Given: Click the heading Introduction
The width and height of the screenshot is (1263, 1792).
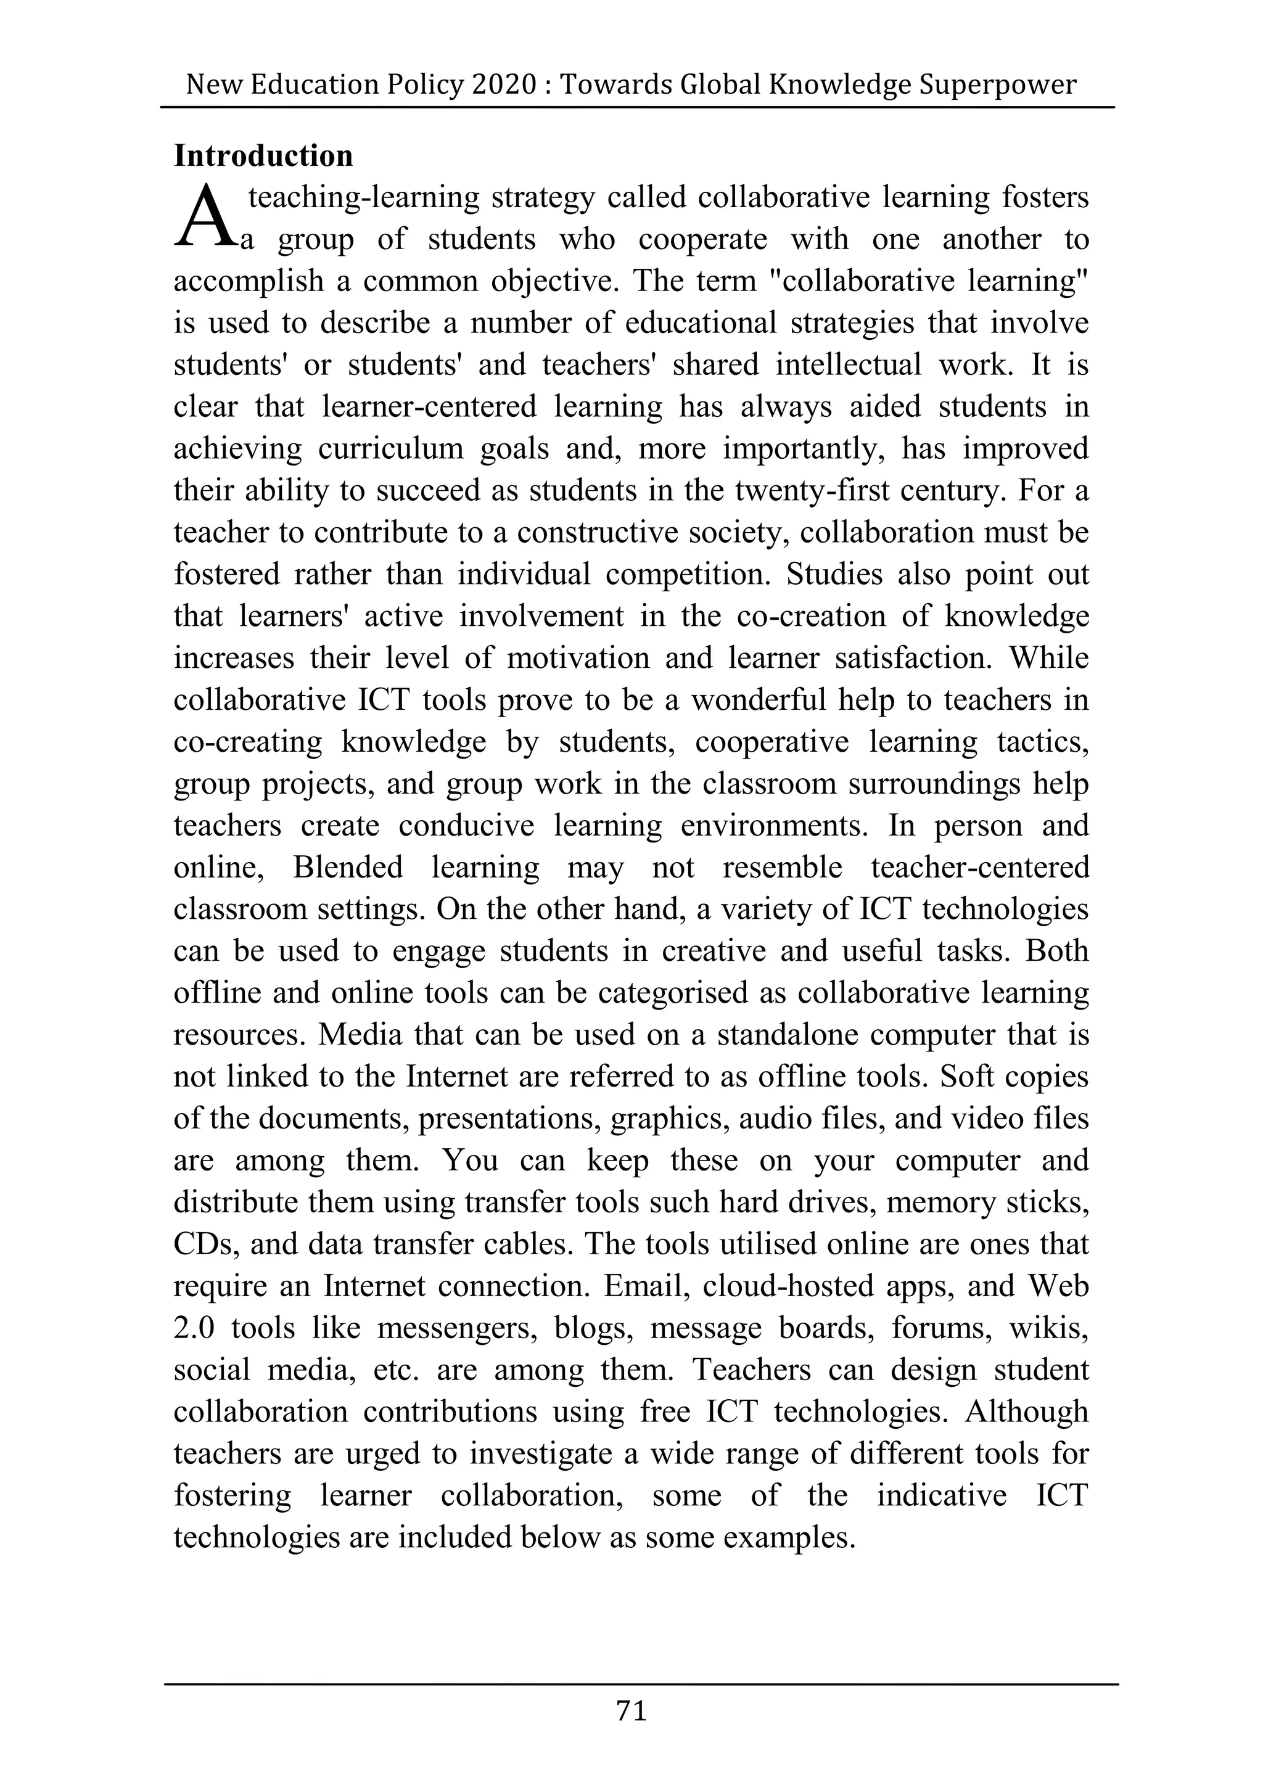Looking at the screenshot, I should point(263,156).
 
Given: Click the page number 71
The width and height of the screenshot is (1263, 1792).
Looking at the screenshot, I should point(631,1712).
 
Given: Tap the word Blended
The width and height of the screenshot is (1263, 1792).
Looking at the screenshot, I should point(348,868).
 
